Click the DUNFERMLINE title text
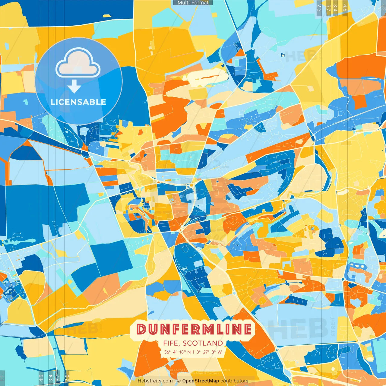194,329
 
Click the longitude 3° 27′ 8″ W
209,352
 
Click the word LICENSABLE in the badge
78,102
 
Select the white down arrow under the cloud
74,87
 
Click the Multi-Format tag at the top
193,3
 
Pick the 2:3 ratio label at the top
319,8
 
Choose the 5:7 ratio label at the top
328,8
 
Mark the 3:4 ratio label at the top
335,8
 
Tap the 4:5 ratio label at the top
345,8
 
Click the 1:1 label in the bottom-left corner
2,378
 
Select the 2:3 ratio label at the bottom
67,378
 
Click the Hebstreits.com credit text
155,381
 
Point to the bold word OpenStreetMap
201,381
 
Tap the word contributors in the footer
234,381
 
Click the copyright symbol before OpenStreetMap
179,381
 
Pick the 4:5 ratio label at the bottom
41,378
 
